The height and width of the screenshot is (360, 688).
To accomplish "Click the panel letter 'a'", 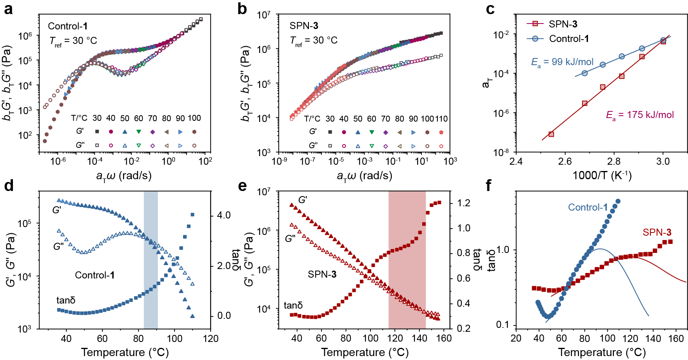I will tap(8, 9).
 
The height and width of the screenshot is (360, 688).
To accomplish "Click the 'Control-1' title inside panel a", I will tap(67, 26).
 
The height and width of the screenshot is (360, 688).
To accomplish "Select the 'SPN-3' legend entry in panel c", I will tap(563, 24).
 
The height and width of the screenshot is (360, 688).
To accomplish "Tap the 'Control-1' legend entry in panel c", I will tap(568, 38).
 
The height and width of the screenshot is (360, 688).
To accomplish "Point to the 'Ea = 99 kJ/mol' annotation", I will tap(562, 62).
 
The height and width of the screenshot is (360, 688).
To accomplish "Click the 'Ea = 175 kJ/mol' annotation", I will tap(640, 115).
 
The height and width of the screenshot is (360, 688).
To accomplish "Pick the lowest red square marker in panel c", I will tap(551, 134).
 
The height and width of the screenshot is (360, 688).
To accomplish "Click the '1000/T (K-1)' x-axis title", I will tap(602, 175).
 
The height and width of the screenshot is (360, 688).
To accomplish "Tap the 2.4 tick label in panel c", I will tap(516, 162).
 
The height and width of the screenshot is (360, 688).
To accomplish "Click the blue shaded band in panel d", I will tap(151, 259).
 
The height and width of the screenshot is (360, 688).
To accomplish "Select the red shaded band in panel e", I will tap(407, 259).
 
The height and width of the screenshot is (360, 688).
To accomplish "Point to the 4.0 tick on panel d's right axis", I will tap(224, 215).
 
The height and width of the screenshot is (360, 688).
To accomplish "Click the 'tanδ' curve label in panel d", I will tap(66, 300).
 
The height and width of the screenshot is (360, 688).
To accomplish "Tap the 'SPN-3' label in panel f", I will tap(657, 233).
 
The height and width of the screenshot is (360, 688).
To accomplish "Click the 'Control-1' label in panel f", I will tap(588, 207).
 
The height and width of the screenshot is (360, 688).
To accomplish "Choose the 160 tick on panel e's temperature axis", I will tap(444, 338).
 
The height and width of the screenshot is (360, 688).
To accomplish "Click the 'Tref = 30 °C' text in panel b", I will tap(314, 41).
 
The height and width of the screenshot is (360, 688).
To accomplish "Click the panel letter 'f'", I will tap(489, 185).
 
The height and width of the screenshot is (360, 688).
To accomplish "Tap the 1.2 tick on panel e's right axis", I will tap(463, 203).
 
